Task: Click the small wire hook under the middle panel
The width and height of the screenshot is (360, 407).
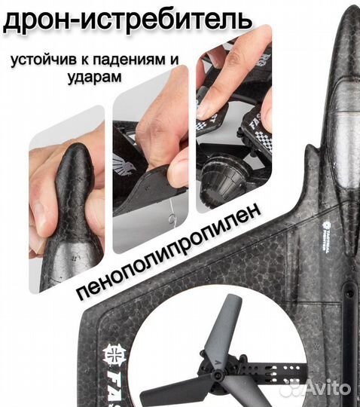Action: [x=172, y=219]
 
